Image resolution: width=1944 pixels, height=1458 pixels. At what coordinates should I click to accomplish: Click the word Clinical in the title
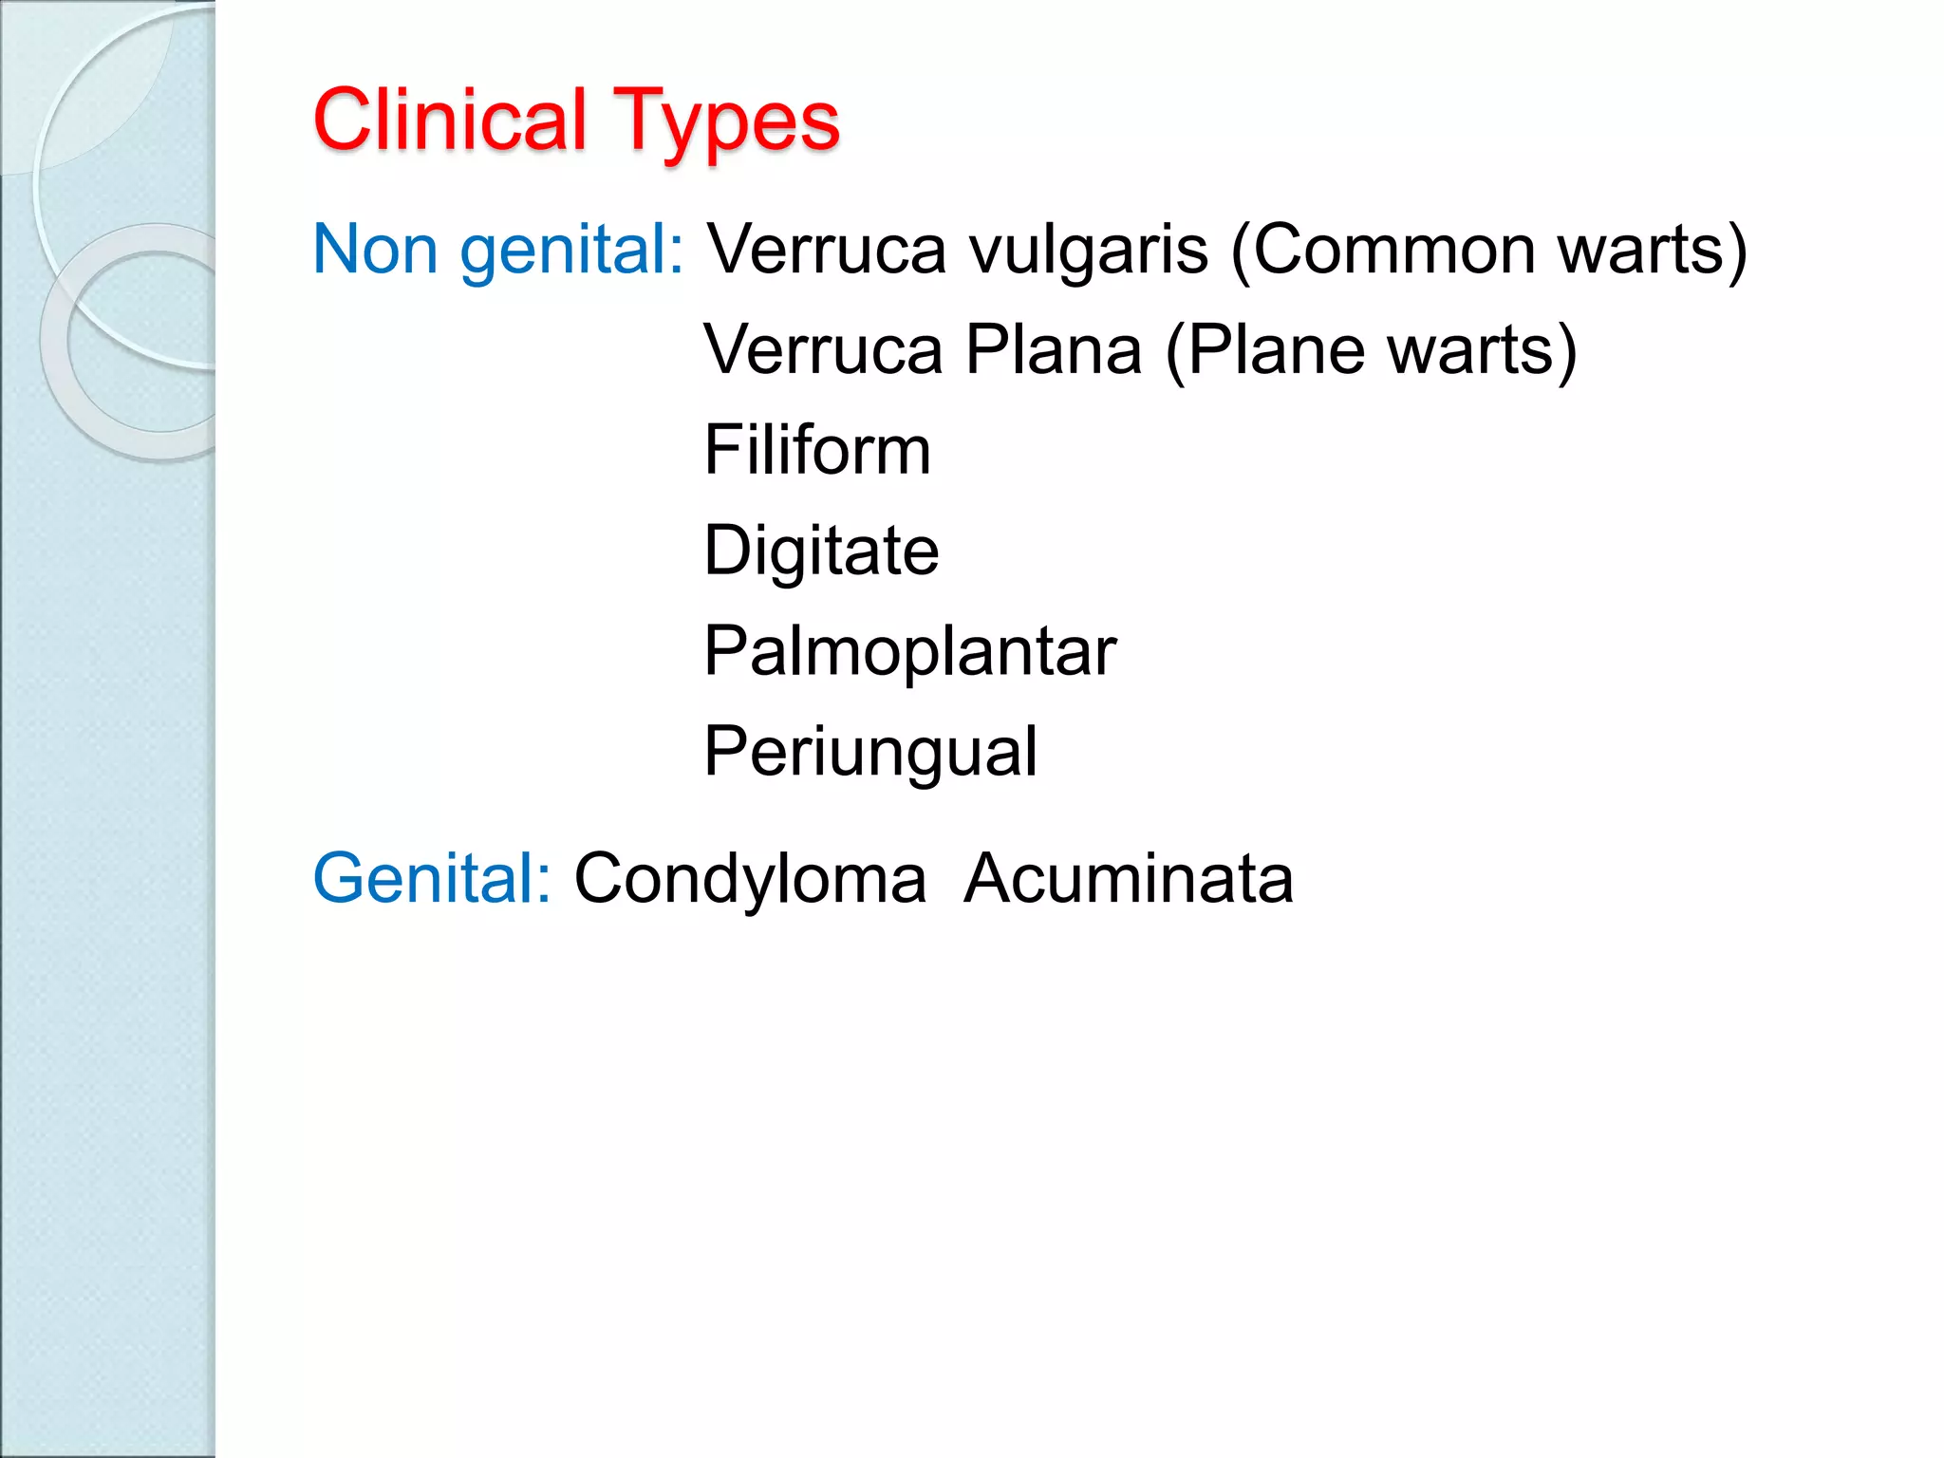click(x=450, y=121)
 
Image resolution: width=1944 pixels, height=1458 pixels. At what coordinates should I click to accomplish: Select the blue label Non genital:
click(x=498, y=250)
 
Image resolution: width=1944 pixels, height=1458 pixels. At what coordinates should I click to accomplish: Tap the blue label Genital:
click(x=432, y=878)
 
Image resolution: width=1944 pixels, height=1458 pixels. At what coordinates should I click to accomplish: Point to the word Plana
click(x=1054, y=350)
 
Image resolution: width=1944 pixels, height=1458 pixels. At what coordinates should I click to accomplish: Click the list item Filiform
click(x=817, y=450)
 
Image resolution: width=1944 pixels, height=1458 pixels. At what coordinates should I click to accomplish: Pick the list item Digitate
click(x=821, y=551)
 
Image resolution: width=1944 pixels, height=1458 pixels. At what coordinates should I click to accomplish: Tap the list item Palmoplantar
click(x=909, y=651)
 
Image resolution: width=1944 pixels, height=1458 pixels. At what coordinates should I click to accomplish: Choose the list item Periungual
click(x=870, y=752)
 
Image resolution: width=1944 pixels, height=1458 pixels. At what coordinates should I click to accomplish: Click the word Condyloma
click(x=750, y=878)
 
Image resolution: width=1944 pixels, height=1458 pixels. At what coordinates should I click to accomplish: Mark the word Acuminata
click(x=1129, y=878)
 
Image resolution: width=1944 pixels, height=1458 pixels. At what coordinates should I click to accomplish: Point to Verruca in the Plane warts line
click(x=823, y=350)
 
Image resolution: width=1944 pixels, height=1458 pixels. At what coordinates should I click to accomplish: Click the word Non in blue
click(x=375, y=250)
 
